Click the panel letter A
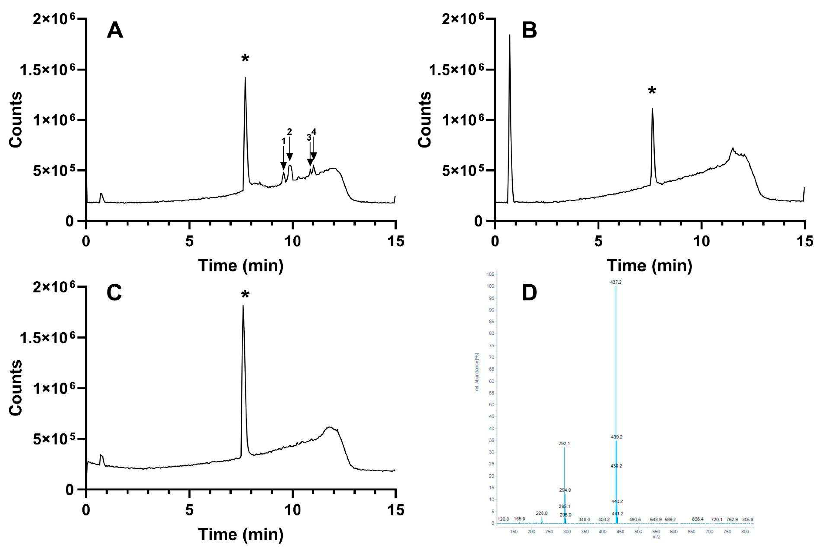click(115, 31)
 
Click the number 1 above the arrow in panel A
click(283, 141)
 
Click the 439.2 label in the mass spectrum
click(617, 437)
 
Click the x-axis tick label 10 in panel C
click(293, 510)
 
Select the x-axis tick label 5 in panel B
click(598, 241)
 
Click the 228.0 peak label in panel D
click(542, 513)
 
